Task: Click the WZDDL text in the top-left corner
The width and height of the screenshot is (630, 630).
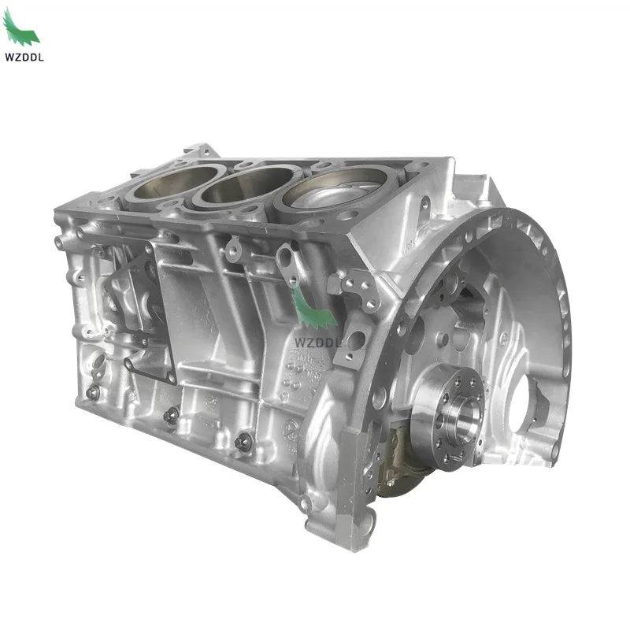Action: pos(24,57)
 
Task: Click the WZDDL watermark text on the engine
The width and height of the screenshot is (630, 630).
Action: pos(317,343)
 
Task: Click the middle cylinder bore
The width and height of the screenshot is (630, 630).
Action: pos(248,185)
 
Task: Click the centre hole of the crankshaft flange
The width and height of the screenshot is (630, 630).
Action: pos(465,415)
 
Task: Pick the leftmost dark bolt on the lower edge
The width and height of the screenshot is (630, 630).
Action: pos(93,392)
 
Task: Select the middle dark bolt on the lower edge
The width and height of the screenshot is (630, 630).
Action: pos(172,416)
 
